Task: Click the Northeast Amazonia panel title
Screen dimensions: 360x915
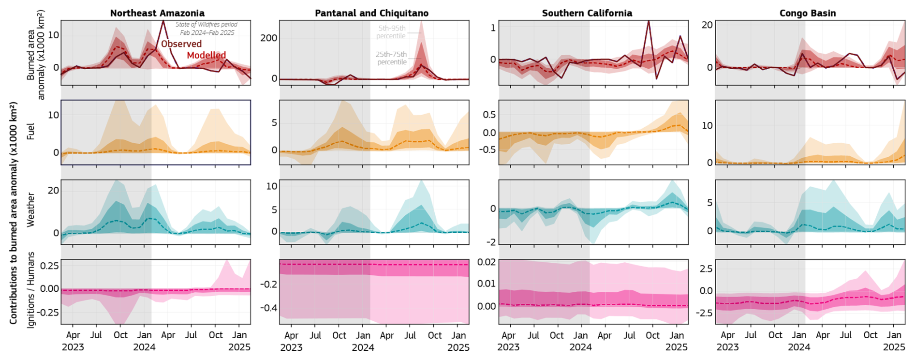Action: coord(157,13)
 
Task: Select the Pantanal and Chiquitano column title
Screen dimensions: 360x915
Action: coord(371,13)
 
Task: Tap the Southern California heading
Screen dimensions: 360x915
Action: coord(587,13)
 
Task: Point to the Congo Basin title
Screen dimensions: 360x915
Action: coord(807,13)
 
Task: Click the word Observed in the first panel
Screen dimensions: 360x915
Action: coord(181,44)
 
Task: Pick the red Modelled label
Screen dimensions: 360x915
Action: coord(206,55)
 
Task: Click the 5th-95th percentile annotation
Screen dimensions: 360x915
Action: coord(391,32)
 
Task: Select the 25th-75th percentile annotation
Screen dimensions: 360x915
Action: coord(391,58)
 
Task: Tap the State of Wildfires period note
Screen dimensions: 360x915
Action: coord(207,28)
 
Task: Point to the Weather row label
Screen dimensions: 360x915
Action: coord(31,210)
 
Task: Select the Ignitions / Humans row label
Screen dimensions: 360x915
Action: coord(31,289)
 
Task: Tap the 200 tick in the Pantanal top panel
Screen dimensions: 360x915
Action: coord(268,38)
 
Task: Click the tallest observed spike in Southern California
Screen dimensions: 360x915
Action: coord(648,21)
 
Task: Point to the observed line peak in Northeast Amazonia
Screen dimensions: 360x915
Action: coord(163,21)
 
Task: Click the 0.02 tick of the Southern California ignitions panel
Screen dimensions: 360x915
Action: coord(486,262)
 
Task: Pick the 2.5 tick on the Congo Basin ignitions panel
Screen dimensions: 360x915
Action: coord(706,269)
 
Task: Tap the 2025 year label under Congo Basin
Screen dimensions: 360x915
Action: coord(894,347)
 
